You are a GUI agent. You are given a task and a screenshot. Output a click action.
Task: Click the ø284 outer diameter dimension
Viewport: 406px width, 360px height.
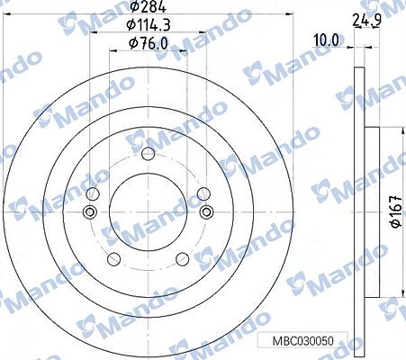click(x=149, y=7)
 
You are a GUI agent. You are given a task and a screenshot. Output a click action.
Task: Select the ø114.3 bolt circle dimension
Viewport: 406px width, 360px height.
click(x=149, y=25)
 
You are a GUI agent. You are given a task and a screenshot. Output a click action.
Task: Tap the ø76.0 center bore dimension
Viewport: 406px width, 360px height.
click(x=148, y=44)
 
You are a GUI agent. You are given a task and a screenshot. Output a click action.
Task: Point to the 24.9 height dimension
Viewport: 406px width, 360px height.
click(x=367, y=21)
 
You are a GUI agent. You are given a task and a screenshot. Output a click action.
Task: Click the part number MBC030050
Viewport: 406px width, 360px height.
click(x=302, y=341)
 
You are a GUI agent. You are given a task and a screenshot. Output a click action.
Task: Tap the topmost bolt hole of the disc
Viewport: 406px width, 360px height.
click(x=148, y=154)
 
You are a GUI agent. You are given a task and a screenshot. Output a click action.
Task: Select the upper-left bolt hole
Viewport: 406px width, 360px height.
click(x=93, y=193)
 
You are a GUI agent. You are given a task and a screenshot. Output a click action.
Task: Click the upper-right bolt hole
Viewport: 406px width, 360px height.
click(x=203, y=193)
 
